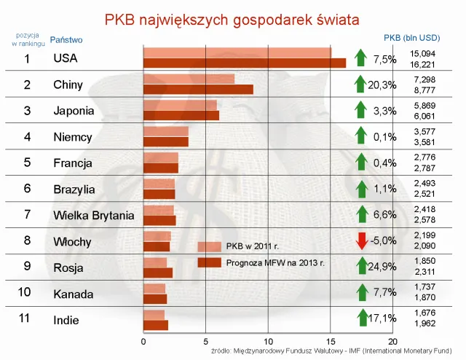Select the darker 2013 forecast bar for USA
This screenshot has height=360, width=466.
point(244,63)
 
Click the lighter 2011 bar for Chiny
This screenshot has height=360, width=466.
point(189,79)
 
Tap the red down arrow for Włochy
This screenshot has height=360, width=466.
point(360,240)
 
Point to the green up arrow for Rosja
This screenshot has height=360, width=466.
point(360,267)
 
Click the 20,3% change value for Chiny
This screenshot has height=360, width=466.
point(382,85)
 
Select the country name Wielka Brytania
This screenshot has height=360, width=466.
point(94,215)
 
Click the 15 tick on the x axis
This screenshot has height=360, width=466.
point(331,340)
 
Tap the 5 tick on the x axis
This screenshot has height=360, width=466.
point(206,340)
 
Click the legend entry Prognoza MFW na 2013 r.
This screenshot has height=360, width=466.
point(275,262)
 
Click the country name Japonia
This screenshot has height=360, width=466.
point(74,111)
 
